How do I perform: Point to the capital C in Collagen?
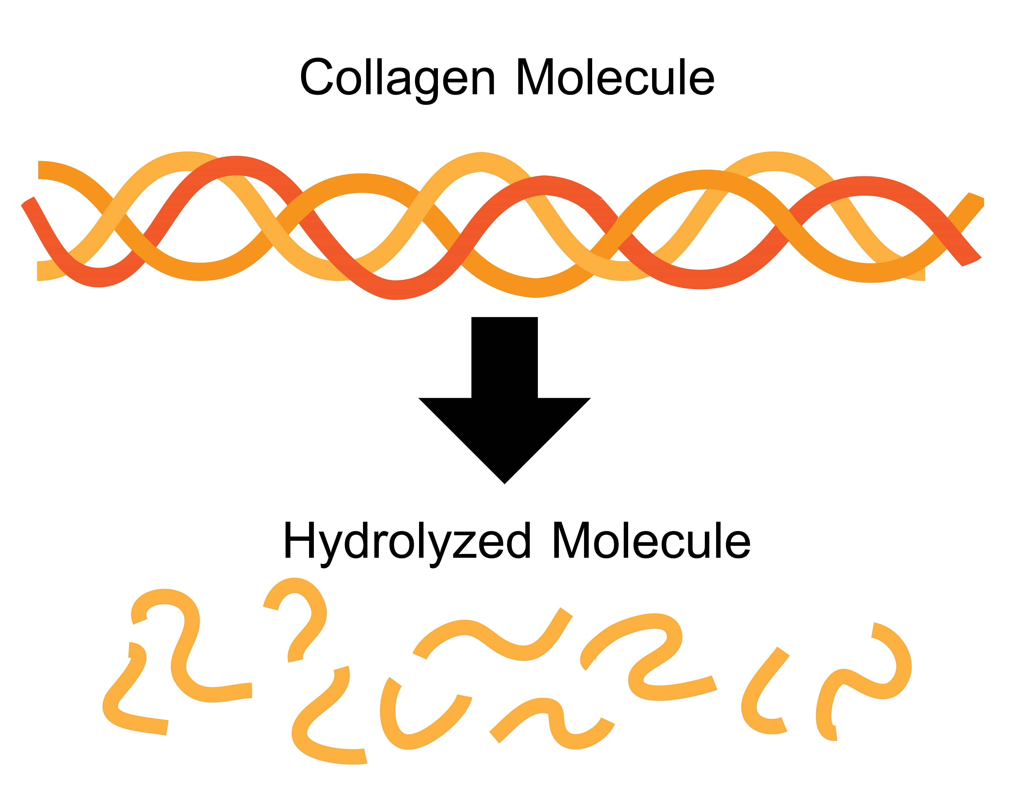317,77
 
